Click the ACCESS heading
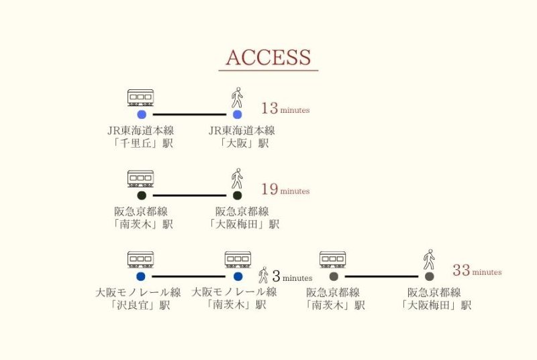268,58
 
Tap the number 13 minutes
285,109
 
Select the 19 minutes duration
285,190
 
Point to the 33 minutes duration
477,271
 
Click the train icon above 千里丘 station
140,98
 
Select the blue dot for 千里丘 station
142,115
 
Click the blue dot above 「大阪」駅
237,115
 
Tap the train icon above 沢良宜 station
140,260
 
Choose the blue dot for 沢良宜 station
140,276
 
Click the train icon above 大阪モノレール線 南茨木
238,260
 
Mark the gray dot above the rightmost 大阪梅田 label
429,276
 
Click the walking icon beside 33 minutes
428,259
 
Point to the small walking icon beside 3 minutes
264,275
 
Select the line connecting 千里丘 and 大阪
189,115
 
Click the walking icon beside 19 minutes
236,179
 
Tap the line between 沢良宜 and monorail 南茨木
189,276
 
